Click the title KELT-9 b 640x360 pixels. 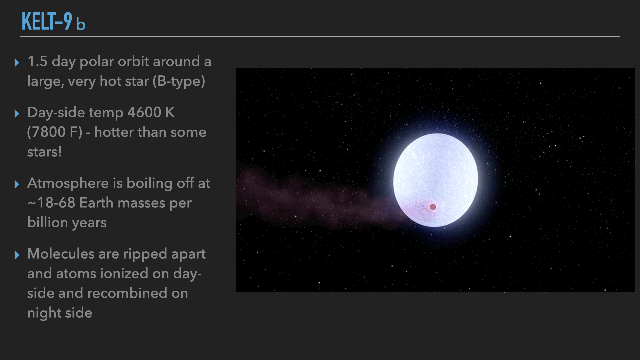tap(54, 22)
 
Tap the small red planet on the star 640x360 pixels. tap(433, 207)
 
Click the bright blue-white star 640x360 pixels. tap(435, 180)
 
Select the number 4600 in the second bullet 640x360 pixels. tap(144, 112)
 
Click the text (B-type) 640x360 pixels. tap(179, 81)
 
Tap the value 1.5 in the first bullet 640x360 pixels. tap(37, 61)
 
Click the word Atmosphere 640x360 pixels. tap(68, 183)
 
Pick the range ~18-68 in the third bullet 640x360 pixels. tap(51, 203)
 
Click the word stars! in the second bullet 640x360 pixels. tap(44, 152)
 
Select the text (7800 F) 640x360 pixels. tap(55, 132)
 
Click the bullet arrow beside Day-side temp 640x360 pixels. tap(17, 114)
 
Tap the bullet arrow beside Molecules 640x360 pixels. tap(17, 255)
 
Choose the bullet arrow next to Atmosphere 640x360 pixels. tap(17, 184)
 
